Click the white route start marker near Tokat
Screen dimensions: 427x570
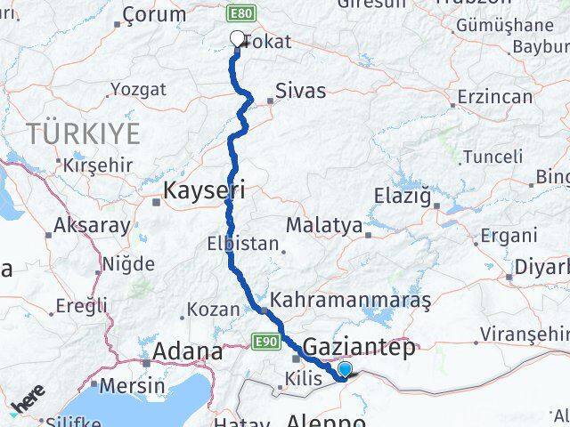237,38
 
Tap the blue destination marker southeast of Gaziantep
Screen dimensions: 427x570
345,370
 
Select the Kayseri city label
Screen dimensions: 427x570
204,189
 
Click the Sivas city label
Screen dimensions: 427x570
300,90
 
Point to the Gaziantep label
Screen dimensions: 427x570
360,347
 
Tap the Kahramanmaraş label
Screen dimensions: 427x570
350,301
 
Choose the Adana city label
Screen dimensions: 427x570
188,350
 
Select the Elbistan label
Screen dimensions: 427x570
243,244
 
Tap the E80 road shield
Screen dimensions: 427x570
240,14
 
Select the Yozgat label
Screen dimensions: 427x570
137,89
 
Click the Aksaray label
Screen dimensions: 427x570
92,225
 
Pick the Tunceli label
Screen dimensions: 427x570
493,157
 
